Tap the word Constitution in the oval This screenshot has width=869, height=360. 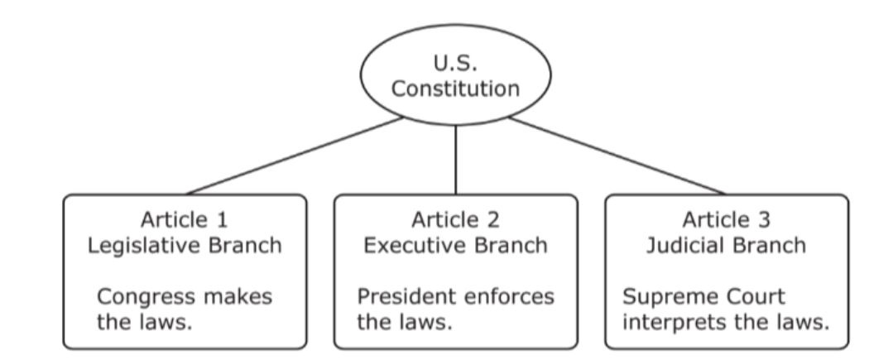tap(455, 89)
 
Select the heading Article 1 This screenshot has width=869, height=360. tap(185, 219)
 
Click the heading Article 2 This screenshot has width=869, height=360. tap(455, 219)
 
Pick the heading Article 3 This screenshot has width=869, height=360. tap(727, 219)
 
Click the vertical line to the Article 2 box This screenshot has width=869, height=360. tap(455, 161)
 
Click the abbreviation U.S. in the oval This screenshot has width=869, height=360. tap(455, 63)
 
